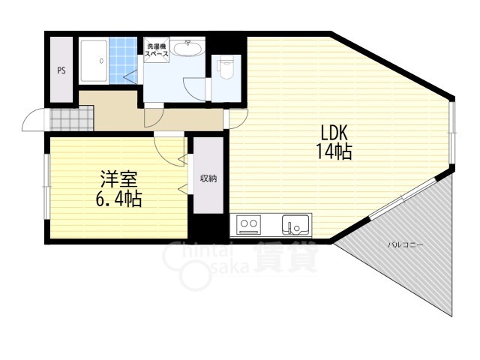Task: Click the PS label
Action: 61,70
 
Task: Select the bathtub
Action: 93,61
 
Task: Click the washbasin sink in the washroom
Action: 187,48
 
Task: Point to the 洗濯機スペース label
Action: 157,50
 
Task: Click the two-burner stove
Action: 248,225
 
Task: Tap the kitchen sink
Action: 295,225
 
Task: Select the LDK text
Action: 334,133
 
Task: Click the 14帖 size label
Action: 334,151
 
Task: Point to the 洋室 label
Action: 118,179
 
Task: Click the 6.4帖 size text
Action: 118,199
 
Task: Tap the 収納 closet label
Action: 208,178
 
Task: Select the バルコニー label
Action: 406,245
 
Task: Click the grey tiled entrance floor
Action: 72,118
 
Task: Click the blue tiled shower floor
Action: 123,61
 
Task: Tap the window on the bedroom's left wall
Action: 46,187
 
